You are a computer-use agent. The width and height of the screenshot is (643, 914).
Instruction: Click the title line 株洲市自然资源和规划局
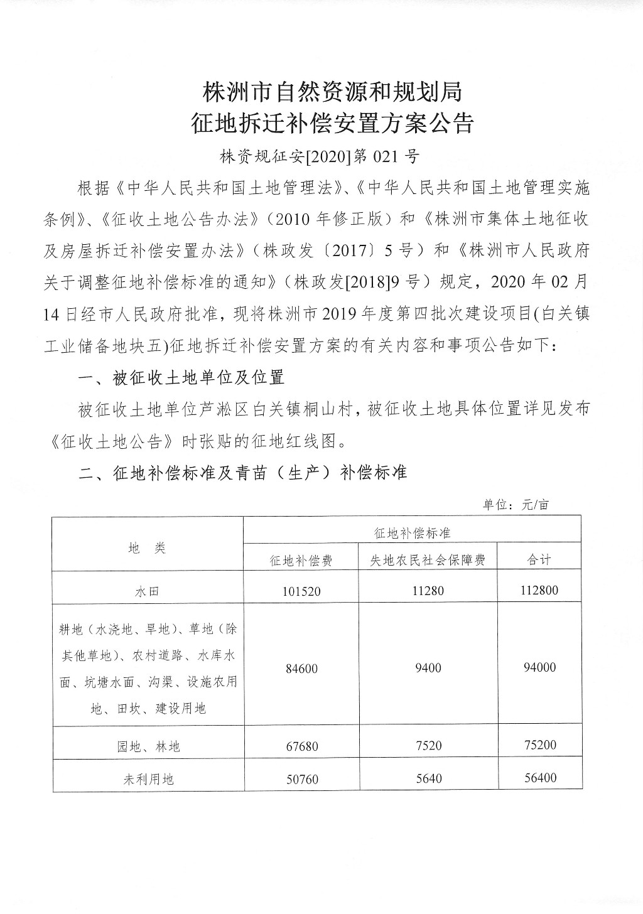click(332, 92)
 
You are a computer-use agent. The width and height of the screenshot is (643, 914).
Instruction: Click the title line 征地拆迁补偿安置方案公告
click(332, 124)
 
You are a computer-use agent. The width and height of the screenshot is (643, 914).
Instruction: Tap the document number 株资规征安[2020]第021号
click(319, 156)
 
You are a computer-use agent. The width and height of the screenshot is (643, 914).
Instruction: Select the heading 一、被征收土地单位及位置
click(181, 377)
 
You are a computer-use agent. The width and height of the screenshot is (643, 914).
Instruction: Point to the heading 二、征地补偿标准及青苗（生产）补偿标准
click(243, 472)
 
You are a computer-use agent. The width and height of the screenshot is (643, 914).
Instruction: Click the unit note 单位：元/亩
click(516, 504)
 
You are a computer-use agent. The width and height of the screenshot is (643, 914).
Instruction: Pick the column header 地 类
click(147, 548)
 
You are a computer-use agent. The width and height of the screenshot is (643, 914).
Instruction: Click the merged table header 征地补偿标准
click(412, 533)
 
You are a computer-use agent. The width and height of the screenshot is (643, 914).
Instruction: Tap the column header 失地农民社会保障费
click(428, 560)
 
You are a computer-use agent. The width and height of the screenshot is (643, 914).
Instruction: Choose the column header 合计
click(539, 560)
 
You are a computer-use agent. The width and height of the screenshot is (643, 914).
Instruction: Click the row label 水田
click(147, 591)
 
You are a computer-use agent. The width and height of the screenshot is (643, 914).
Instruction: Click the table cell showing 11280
click(428, 590)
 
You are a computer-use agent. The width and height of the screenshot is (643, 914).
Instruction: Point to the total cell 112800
click(539, 590)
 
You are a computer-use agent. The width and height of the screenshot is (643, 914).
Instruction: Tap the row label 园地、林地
click(147, 746)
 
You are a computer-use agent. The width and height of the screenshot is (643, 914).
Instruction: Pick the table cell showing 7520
click(428, 746)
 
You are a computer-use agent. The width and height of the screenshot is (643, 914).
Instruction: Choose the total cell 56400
click(539, 778)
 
